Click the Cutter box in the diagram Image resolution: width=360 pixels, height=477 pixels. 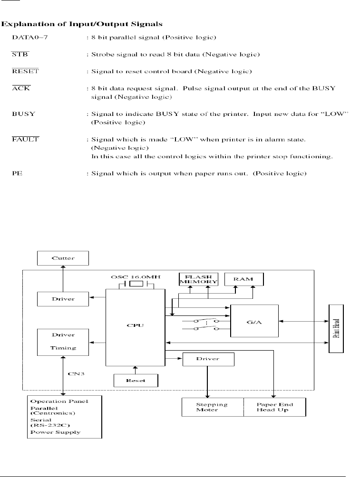click(x=63, y=258)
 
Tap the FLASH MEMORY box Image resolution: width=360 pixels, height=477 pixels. click(x=198, y=279)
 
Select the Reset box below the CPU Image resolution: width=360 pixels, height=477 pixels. click(x=136, y=381)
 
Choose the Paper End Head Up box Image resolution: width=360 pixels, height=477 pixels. click(x=274, y=407)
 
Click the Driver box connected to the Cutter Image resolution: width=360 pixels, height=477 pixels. click(x=63, y=299)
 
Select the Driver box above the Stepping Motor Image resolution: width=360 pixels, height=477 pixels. click(x=208, y=359)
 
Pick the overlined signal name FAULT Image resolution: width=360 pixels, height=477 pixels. click(x=25, y=139)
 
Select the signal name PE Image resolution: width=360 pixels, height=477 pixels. click(x=17, y=174)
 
